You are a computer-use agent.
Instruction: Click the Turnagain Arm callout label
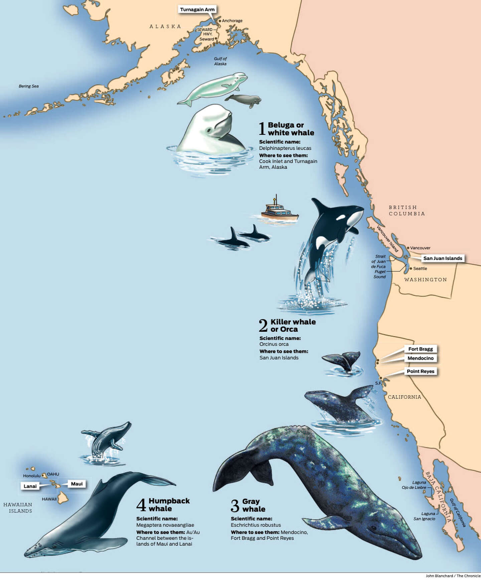(197, 9)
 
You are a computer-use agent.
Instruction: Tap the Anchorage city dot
(220, 21)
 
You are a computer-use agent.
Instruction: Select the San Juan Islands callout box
(443, 258)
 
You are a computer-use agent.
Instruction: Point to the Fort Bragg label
(421, 349)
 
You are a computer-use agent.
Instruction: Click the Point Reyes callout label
(421, 371)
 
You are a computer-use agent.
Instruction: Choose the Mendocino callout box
(421, 358)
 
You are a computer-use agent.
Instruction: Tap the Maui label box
(77, 484)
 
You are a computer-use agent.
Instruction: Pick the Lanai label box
(30, 486)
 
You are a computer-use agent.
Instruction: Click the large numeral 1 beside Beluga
(262, 128)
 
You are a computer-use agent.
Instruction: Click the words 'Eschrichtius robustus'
(256, 525)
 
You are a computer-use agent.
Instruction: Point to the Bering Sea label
(29, 86)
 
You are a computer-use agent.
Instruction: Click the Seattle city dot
(411, 268)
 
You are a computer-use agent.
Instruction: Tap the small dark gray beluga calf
(243, 99)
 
